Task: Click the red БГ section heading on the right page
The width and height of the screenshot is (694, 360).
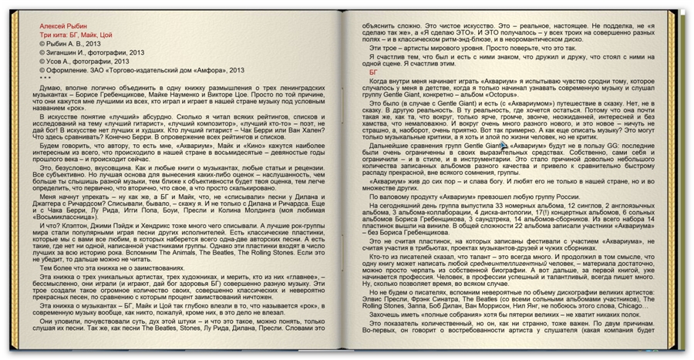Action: pos(373,72)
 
